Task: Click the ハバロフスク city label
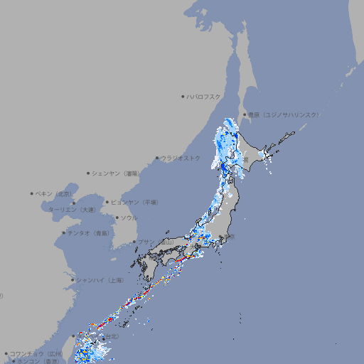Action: pyautogui.click(x=203, y=96)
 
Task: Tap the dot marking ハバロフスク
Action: pyautogui.click(x=183, y=96)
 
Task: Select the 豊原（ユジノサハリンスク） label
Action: pyautogui.click(x=283, y=114)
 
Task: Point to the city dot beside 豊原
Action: pyautogui.click(x=245, y=114)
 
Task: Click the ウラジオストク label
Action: pyautogui.click(x=181, y=158)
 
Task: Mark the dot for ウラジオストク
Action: pyautogui.click(x=157, y=158)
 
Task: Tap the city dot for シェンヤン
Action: pyautogui.click(x=89, y=173)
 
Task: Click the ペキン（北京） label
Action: pyautogui.click(x=54, y=193)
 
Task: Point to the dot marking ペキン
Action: pyautogui.click(x=32, y=193)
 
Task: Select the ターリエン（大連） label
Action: pyautogui.click(x=72, y=210)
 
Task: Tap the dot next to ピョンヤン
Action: pyautogui.click(x=108, y=202)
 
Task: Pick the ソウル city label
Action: pyautogui.click(x=129, y=218)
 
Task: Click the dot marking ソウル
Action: pyautogui.click(x=117, y=218)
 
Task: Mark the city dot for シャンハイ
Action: pyautogui.click(x=73, y=279)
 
